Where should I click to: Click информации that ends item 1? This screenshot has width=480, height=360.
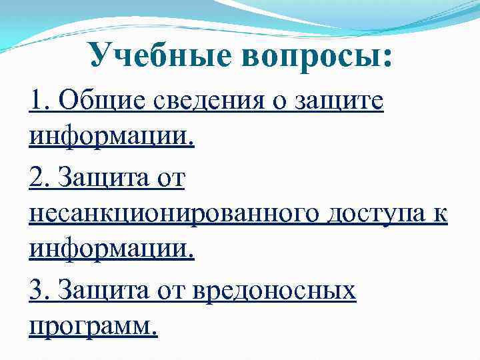point(111,139)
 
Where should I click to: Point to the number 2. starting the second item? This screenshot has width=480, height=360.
point(40,178)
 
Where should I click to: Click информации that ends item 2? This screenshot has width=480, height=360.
point(111,253)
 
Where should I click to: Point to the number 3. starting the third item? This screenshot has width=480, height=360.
point(40,291)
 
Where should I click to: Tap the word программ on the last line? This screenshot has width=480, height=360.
point(94,328)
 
